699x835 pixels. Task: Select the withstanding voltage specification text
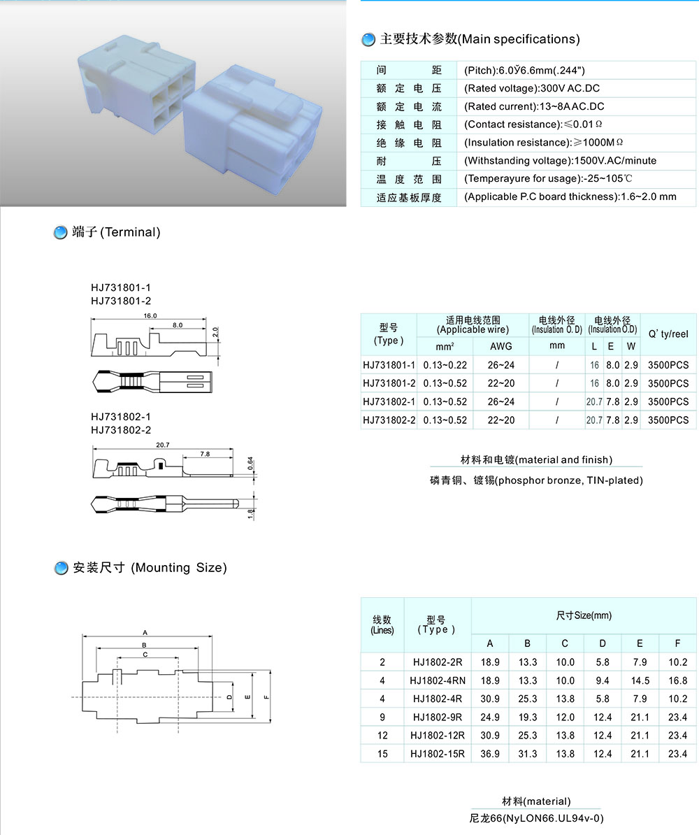[561, 161]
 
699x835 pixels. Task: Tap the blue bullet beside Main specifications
[368, 40]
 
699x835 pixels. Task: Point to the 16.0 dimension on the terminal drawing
[150, 316]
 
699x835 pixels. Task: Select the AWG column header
[500, 346]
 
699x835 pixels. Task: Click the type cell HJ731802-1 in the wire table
[389, 401]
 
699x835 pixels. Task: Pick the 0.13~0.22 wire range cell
[445, 365]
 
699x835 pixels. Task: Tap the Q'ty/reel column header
[668, 334]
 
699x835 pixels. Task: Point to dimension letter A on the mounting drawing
[145, 633]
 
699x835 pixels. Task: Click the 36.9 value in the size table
[490, 754]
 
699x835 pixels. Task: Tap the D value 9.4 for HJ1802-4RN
[603, 680]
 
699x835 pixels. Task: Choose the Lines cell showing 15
[382, 754]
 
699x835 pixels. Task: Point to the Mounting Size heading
[150, 568]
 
